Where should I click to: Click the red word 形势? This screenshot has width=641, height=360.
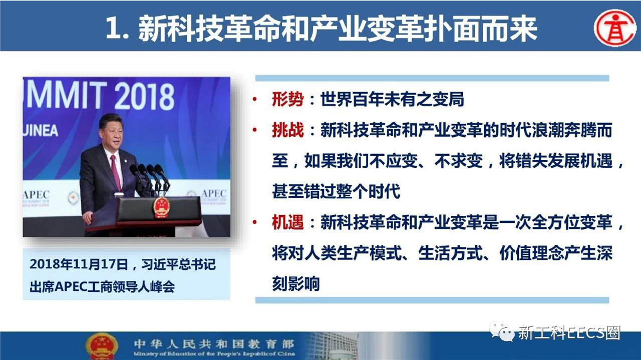coord(287,100)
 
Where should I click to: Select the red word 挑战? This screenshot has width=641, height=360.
coord(287,130)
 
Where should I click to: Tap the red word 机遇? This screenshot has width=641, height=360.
coord(287,222)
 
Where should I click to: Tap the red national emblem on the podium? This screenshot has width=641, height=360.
coord(161,207)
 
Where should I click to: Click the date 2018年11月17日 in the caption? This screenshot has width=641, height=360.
coord(79,264)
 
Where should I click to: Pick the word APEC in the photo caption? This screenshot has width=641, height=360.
coord(71,287)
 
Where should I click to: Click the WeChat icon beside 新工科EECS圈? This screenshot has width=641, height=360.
coord(501,332)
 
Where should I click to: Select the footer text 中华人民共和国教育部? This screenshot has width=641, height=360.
coord(214,344)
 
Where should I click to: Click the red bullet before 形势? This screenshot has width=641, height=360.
coord(254,100)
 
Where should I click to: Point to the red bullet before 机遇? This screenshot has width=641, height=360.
coord(254,222)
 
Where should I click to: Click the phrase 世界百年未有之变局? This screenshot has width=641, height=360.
coord(392,100)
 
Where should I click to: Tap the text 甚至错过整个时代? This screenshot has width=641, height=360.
coord(336,191)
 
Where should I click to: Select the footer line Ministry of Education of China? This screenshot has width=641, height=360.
coord(214,354)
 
